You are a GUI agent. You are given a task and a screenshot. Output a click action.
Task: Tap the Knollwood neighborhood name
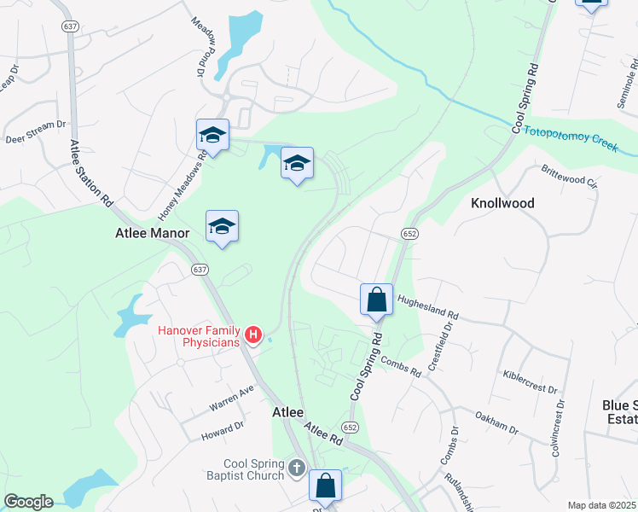point(502,203)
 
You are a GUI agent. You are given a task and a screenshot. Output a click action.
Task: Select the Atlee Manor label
point(152,231)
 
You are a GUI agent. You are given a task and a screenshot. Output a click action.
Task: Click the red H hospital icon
point(253,335)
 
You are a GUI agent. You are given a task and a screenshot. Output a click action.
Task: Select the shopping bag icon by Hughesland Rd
point(376,300)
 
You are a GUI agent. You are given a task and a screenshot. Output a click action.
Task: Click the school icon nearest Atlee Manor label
point(222,226)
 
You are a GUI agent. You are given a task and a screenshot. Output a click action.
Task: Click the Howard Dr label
point(223,431)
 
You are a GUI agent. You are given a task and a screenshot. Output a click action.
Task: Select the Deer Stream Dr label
point(35,131)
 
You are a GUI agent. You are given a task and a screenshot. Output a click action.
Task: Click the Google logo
point(27,502)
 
